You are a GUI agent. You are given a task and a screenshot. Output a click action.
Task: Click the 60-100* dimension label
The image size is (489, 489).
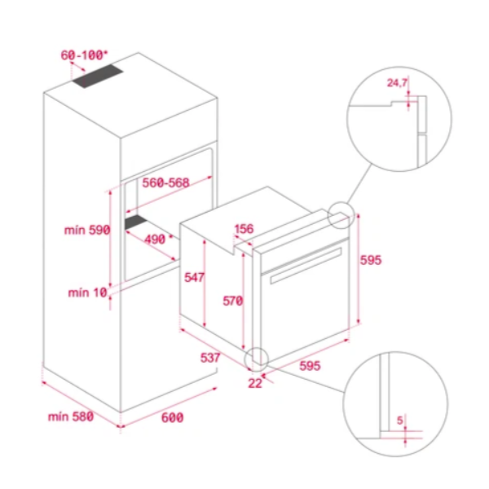tap(84, 55)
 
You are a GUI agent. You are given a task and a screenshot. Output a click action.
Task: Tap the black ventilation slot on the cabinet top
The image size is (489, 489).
tap(98, 77)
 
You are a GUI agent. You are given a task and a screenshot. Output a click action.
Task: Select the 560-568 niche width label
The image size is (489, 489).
tap(165, 183)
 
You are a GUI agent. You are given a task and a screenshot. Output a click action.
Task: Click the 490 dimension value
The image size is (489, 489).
tap(154, 239)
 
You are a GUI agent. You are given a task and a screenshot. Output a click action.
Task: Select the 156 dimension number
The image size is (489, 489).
tap(244, 229)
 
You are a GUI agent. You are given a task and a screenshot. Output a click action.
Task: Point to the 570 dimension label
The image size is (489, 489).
tap(233, 301)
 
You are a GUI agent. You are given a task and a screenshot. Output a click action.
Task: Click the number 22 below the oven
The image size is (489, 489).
tap(254, 384)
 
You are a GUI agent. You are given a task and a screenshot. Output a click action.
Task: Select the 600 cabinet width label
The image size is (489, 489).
tap(171, 417)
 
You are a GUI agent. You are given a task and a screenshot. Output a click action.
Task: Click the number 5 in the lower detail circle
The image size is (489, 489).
tap(400, 421)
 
